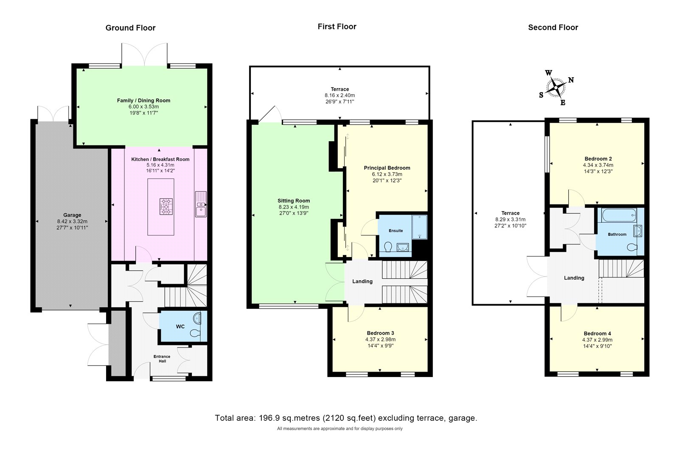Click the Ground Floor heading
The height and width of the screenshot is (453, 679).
click(130, 28)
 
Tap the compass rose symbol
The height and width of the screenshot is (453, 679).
click(556, 88)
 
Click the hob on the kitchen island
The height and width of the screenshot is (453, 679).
click(166, 207)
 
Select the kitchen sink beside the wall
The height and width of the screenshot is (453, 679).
click(200, 204)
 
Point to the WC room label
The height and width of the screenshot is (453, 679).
click(180, 327)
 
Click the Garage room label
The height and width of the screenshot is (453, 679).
click(72, 215)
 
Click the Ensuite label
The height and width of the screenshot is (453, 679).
click(396, 231)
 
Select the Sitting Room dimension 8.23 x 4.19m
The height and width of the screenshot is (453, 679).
click(294, 207)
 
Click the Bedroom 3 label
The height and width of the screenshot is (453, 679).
click(380, 333)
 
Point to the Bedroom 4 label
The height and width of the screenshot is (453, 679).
click(597, 333)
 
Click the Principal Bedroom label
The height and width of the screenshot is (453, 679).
click(387, 168)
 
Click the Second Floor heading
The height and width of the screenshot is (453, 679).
click(553, 28)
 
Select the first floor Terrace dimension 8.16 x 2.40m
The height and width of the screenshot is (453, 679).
click(339, 95)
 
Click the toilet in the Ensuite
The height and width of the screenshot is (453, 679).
click(387, 246)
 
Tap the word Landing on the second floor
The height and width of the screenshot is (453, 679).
click(574, 278)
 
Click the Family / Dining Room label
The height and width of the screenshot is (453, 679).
click(143, 101)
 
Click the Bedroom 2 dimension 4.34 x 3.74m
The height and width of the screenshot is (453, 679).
click(598, 165)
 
